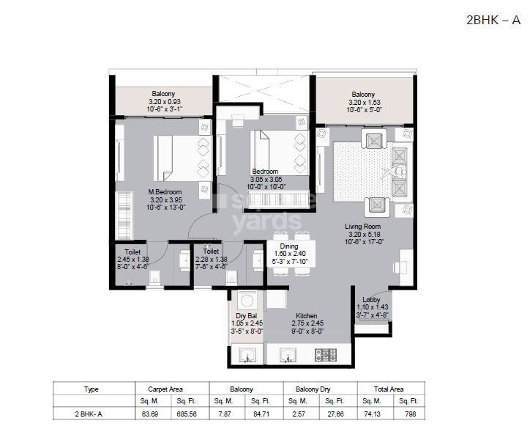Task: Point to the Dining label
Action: [x=289, y=247]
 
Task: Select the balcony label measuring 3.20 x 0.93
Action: [x=163, y=94]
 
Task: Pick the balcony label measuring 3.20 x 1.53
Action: [x=362, y=94]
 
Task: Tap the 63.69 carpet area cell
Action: [x=149, y=414]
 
